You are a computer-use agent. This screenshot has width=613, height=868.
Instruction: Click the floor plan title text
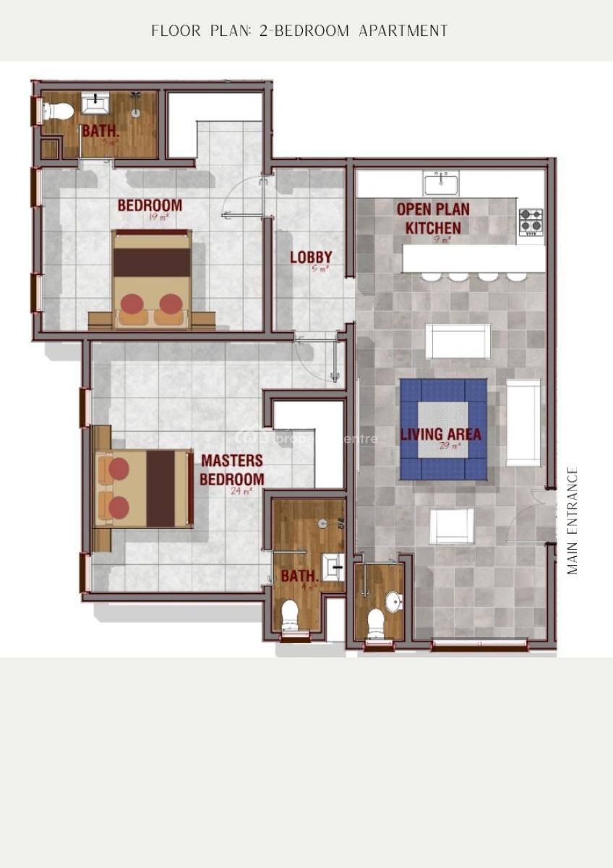point(299,31)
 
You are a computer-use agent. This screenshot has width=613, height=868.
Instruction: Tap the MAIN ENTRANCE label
point(573,521)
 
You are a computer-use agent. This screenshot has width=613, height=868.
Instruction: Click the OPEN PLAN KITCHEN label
point(432,218)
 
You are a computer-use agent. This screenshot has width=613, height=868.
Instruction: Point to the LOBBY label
point(311,257)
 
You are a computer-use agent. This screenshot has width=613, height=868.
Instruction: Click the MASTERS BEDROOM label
point(232,469)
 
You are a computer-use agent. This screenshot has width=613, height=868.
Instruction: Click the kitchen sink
point(441,184)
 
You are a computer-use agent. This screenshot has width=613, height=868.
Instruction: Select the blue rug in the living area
point(443,430)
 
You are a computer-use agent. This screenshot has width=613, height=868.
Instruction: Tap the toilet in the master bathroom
point(290,614)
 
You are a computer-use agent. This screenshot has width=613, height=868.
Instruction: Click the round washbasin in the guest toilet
point(394,602)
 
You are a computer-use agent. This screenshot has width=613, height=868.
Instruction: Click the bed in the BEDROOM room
point(152,278)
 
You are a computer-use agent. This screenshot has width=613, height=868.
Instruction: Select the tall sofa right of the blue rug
point(523,422)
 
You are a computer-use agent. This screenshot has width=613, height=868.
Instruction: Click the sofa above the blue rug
point(458,341)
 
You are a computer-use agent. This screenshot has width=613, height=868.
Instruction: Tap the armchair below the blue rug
point(453,526)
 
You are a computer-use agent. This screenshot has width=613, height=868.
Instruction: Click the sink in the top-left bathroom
point(95,103)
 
